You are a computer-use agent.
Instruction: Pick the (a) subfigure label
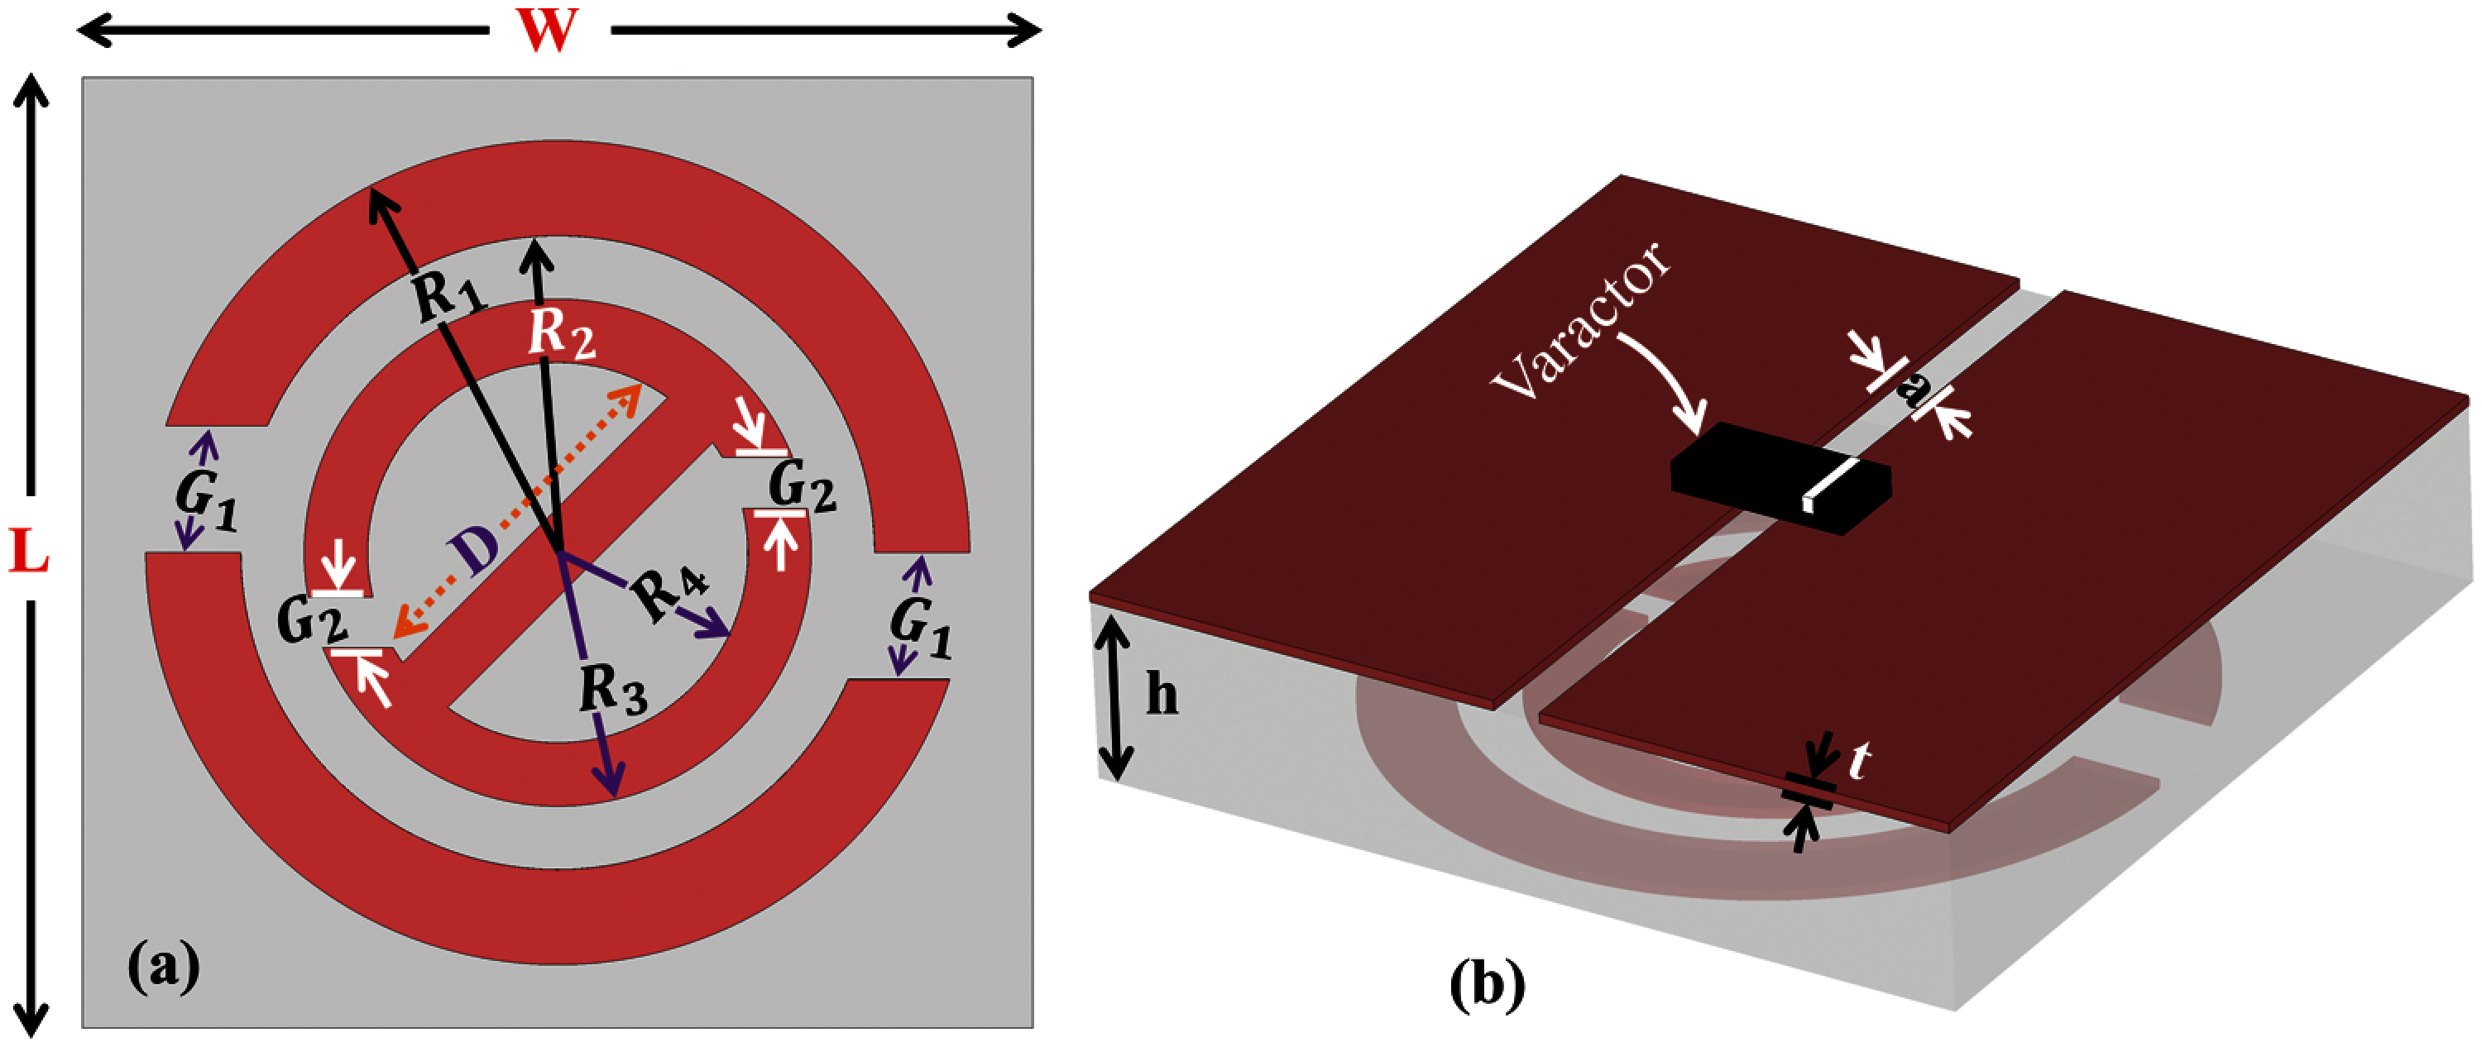pos(164,966)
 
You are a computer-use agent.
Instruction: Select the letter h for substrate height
pos(1162,695)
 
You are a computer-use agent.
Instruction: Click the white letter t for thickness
pos(1860,763)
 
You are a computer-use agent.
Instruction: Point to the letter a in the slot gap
pos(1913,390)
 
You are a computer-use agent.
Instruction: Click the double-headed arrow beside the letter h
pos(1114,697)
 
